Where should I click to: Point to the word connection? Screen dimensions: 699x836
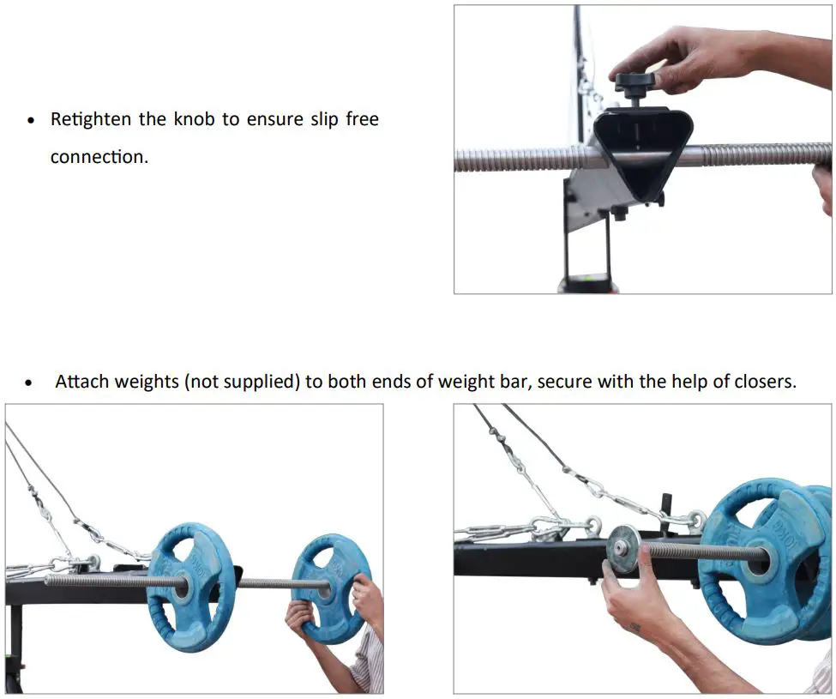click(99, 157)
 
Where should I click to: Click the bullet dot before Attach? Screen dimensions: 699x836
click(31, 383)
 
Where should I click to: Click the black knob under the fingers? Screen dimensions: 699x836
click(635, 83)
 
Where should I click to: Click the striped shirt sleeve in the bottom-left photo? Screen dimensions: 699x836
click(370, 666)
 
